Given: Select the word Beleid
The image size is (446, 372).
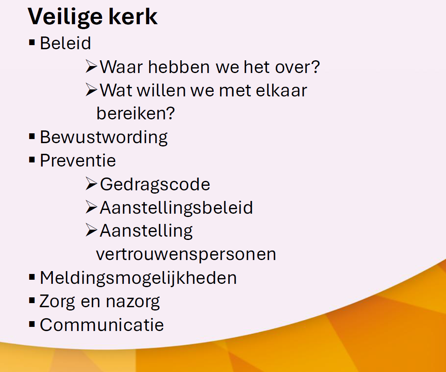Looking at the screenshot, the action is click(66, 43).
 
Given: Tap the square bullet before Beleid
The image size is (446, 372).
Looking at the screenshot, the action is click(32, 43).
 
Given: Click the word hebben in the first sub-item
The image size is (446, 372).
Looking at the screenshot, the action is click(179, 67).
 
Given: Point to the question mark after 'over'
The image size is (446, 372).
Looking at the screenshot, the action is click(316, 67).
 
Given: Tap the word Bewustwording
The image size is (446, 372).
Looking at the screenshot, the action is click(104, 137).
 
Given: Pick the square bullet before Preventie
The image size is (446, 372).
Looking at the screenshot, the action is click(32, 160).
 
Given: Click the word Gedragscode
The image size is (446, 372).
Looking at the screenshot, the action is click(155, 185).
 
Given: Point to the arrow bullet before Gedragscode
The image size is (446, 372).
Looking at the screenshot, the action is click(91, 184).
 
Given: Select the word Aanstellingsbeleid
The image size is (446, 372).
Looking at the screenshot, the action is click(176, 208).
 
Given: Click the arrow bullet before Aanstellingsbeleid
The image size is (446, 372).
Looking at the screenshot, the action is click(91, 207).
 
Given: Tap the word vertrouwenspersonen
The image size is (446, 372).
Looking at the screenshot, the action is click(186, 255).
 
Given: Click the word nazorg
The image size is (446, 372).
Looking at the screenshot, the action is click(133, 302).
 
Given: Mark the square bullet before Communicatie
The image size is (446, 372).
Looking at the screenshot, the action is click(32, 324).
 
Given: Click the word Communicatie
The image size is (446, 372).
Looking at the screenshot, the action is click(102, 325).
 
